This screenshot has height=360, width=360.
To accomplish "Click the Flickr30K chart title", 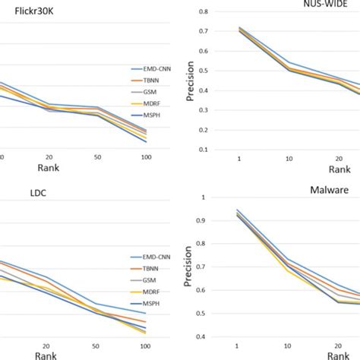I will coord(30,13).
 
